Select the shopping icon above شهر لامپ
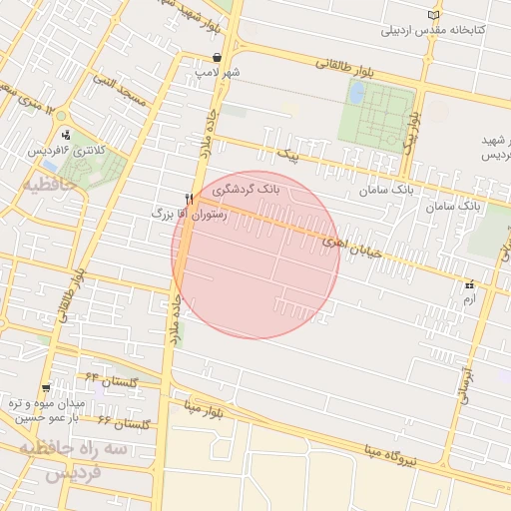[x=217, y=58]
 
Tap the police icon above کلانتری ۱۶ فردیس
[x=66, y=135]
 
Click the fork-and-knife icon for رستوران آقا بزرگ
[x=189, y=200]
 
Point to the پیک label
[x=288, y=157]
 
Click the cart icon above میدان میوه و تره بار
[x=46, y=387]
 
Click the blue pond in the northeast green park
[x=356, y=92]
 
